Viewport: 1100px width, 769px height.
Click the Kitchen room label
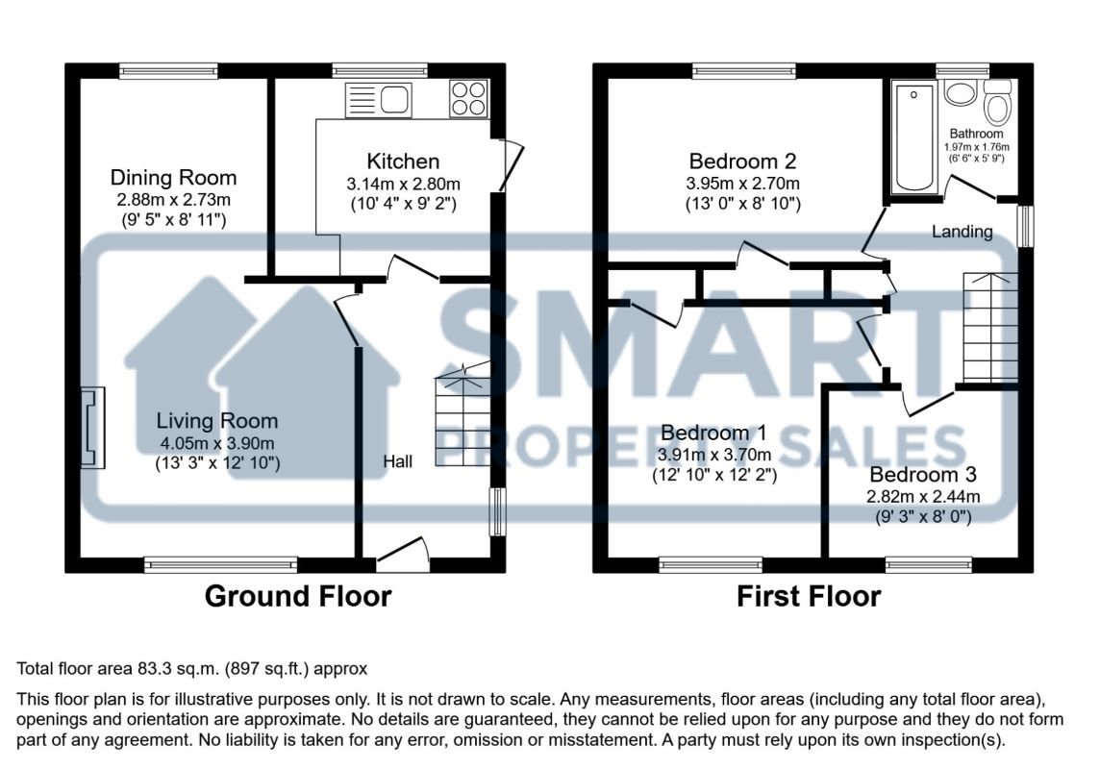point(403,161)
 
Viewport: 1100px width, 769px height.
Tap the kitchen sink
point(379,100)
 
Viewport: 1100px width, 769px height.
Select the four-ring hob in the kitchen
point(468,98)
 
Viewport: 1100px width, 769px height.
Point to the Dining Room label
point(173,178)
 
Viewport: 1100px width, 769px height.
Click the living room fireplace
point(92,428)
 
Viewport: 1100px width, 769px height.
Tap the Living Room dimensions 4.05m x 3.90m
point(216,443)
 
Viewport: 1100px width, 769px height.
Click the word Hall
point(398,461)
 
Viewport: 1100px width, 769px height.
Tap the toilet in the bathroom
point(997,102)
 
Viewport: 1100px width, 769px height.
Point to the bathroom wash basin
point(960,92)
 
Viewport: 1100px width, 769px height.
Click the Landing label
point(962,232)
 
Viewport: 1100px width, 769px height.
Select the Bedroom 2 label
point(742,161)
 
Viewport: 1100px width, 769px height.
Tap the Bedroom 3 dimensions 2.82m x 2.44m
point(923,497)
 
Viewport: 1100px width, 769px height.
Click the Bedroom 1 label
point(713,433)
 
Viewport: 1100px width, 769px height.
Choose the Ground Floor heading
point(298,597)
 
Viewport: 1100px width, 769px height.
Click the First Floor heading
point(809,597)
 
